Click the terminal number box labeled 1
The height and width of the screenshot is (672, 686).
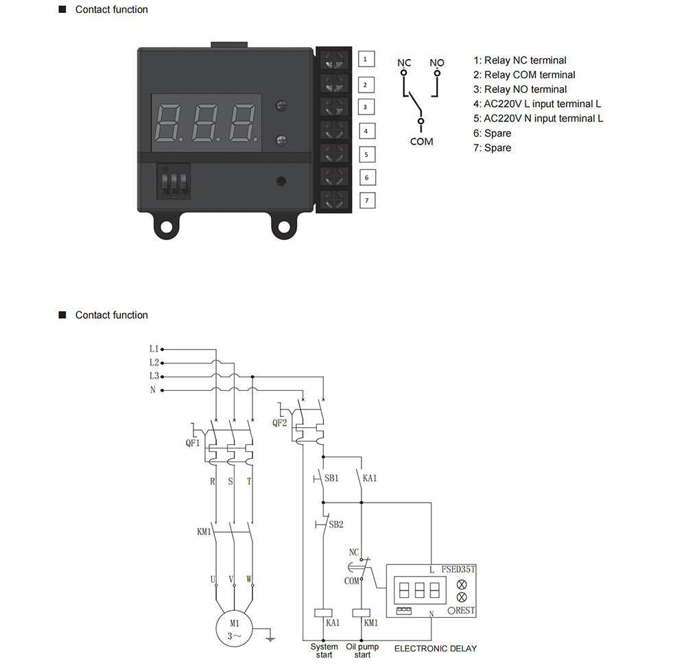(366, 59)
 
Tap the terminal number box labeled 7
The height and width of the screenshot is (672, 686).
(367, 201)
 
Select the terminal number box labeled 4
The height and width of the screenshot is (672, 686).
(366, 131)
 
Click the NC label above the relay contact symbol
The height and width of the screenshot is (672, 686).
(404, 62)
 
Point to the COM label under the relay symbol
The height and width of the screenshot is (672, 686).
(421, 142)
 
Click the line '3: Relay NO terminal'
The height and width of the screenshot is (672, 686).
(520, 89)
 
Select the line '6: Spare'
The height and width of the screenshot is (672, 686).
(492, 133)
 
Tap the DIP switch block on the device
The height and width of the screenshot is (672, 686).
(174, 181)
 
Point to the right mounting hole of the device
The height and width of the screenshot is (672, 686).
(284, 226)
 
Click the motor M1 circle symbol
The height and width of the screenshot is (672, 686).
(235, 629)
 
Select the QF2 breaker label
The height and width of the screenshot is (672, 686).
(280, 423)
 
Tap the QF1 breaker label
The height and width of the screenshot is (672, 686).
(193, 443)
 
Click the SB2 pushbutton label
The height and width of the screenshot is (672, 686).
(336, 524)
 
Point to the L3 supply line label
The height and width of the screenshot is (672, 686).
(154, 376)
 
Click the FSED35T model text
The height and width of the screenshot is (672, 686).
(458, 569)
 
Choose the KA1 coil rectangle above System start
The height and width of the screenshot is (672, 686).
(323, 613)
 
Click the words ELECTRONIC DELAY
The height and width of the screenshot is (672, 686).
(436, 649)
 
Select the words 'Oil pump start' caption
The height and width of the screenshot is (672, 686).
(362, 650)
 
